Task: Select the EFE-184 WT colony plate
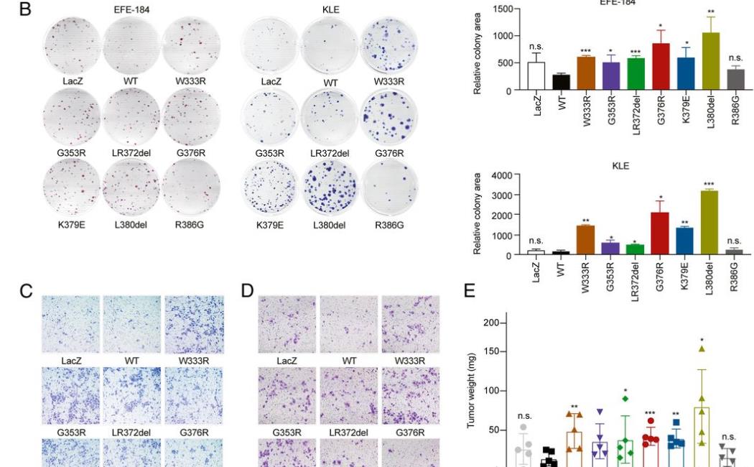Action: point(130,42)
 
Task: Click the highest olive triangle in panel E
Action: point(702,349)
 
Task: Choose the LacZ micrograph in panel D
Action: point(287,324)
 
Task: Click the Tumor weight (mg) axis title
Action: point(473,391)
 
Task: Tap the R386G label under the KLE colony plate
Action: point(390,225)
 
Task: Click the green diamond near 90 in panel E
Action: point(625,398)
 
